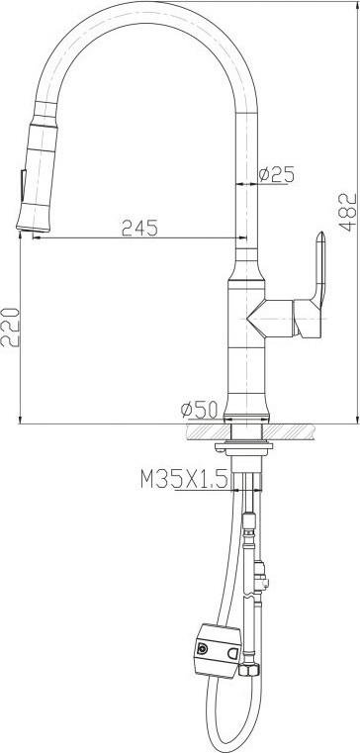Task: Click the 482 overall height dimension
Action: pyautogui.click(x=349, y=212)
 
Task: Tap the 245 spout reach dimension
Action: pyautogui.click(x=139, y=228)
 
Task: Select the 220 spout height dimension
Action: pyautogui.click(x=10, y=327)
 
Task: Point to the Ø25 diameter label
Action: pyautogui.click(x=276, y=174)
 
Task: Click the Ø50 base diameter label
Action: pyautogui.click(x=199, y=410)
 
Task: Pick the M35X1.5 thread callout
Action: pyautogui.click(x=184, y=479)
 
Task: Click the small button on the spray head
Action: pyautogui.click(x=23, y=186)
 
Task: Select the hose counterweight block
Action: pyautogui.click(x=218, y=650)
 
